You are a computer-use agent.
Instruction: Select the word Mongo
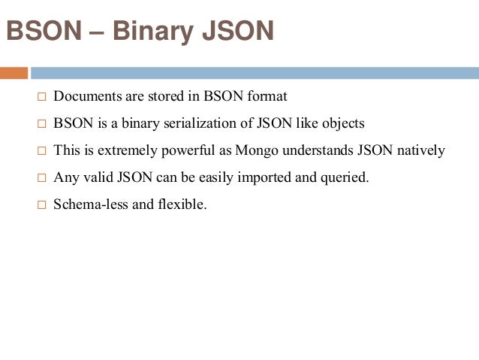257,150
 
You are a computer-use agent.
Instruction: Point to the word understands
321,150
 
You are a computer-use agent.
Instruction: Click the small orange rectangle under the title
14,73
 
